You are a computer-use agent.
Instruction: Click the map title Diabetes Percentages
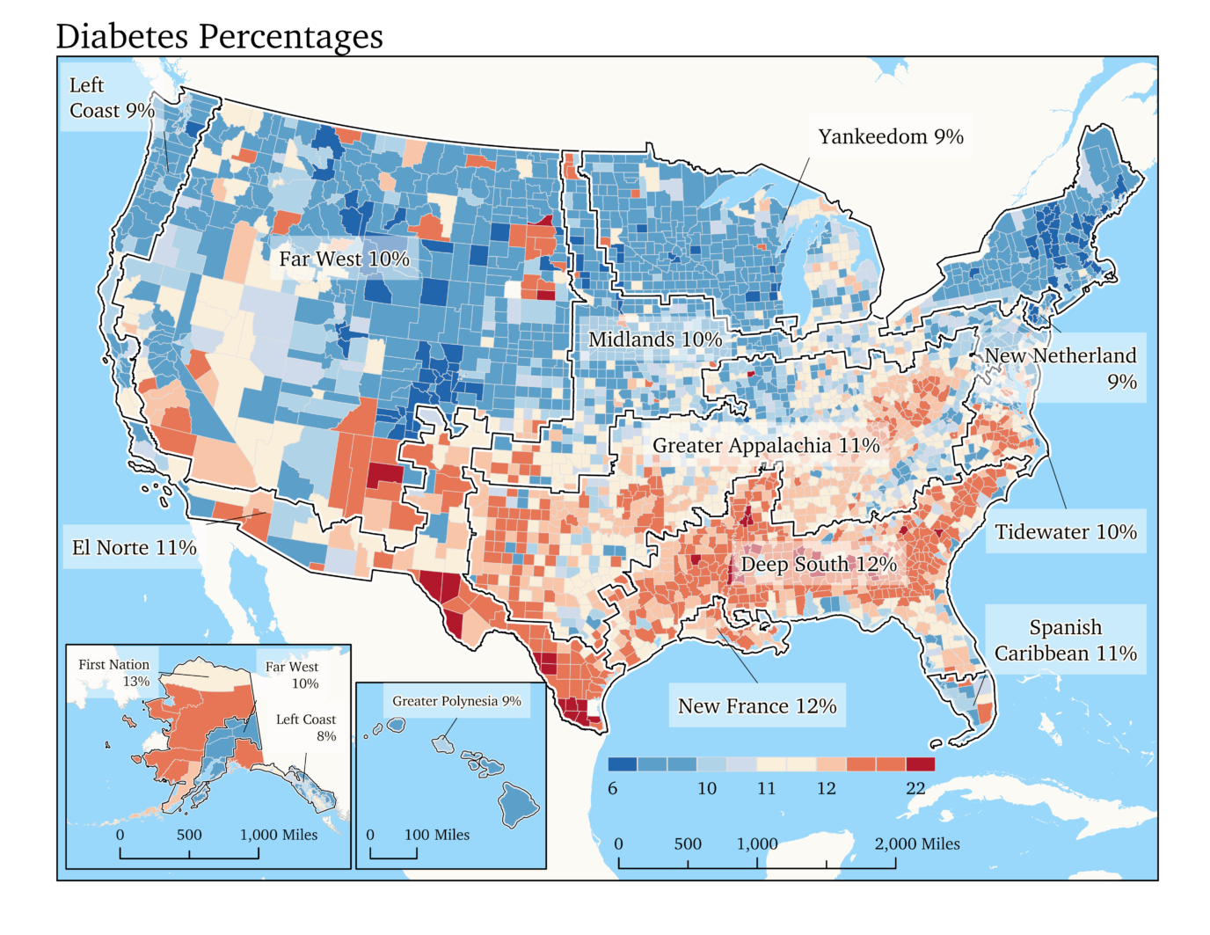(x=219, y=36)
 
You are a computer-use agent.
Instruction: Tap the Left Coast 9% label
(x=111, y=98)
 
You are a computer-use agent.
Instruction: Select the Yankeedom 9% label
(x=890, y=136)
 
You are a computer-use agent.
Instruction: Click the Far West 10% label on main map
(x=344, y=259)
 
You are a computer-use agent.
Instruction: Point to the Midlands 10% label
(x=654, y=340)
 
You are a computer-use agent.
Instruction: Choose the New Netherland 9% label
(x=1061, y=368)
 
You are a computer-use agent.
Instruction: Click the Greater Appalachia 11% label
(x=765, y=446)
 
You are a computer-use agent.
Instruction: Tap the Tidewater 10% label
(x=1065, y=532)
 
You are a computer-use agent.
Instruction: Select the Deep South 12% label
(x=818, y=564)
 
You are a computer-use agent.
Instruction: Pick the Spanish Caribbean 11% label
(x=1065, y=640)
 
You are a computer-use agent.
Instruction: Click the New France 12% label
(x=756, y=706)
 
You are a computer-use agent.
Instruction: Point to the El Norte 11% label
(x=134, y=548)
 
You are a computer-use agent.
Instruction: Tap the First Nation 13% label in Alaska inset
(x=114, y=673)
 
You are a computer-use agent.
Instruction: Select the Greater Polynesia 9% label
(x=456, y=701)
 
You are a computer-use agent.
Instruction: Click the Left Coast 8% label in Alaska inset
(x=306, y=727)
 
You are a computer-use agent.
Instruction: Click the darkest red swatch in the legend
(x=920, y=764)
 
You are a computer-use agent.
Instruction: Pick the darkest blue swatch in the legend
(x=622, y=764)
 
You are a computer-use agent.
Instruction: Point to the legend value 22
(x=915, y=788)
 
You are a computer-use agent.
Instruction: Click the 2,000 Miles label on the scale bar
(x=916, y=844)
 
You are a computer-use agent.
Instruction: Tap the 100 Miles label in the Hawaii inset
(x=436, y=835)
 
